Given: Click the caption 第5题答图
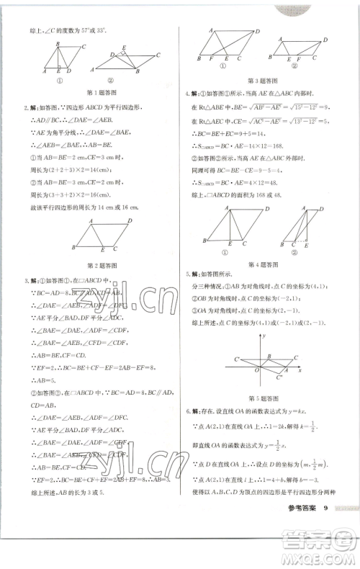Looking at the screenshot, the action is click(x=261, y=398).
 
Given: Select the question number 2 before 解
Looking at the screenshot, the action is click(x=26, y=108).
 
